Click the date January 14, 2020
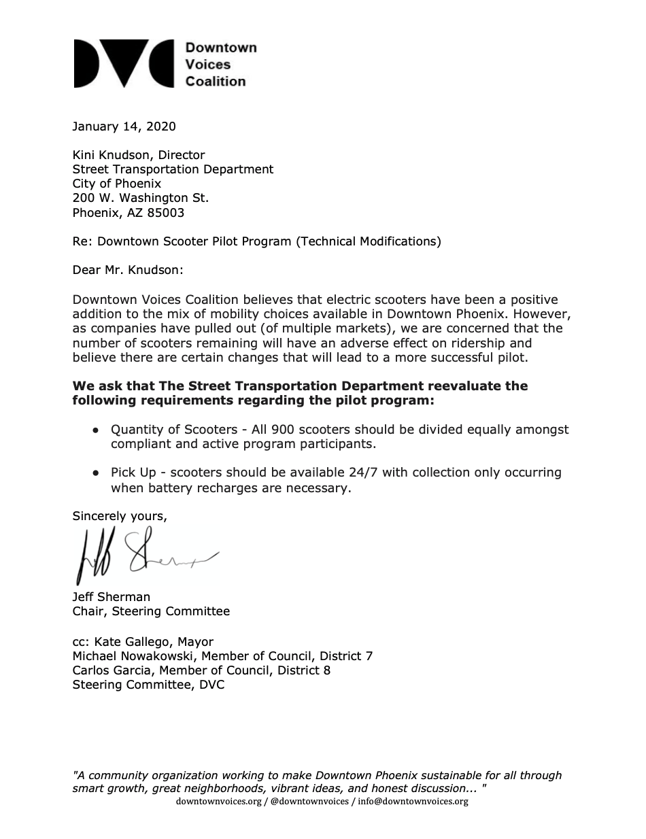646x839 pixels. [124, 126]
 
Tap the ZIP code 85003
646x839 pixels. [166, 212]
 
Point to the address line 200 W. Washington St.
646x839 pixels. [141, 198]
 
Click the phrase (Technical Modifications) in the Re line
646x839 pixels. [368, 241]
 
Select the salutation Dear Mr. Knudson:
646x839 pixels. [129, 270]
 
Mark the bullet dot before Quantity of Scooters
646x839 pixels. [97, 430]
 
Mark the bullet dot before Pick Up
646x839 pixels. [97, 473]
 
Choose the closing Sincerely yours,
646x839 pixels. [120, 516]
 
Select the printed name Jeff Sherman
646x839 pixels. [112, 597]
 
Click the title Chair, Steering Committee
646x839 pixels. [151, 611]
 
